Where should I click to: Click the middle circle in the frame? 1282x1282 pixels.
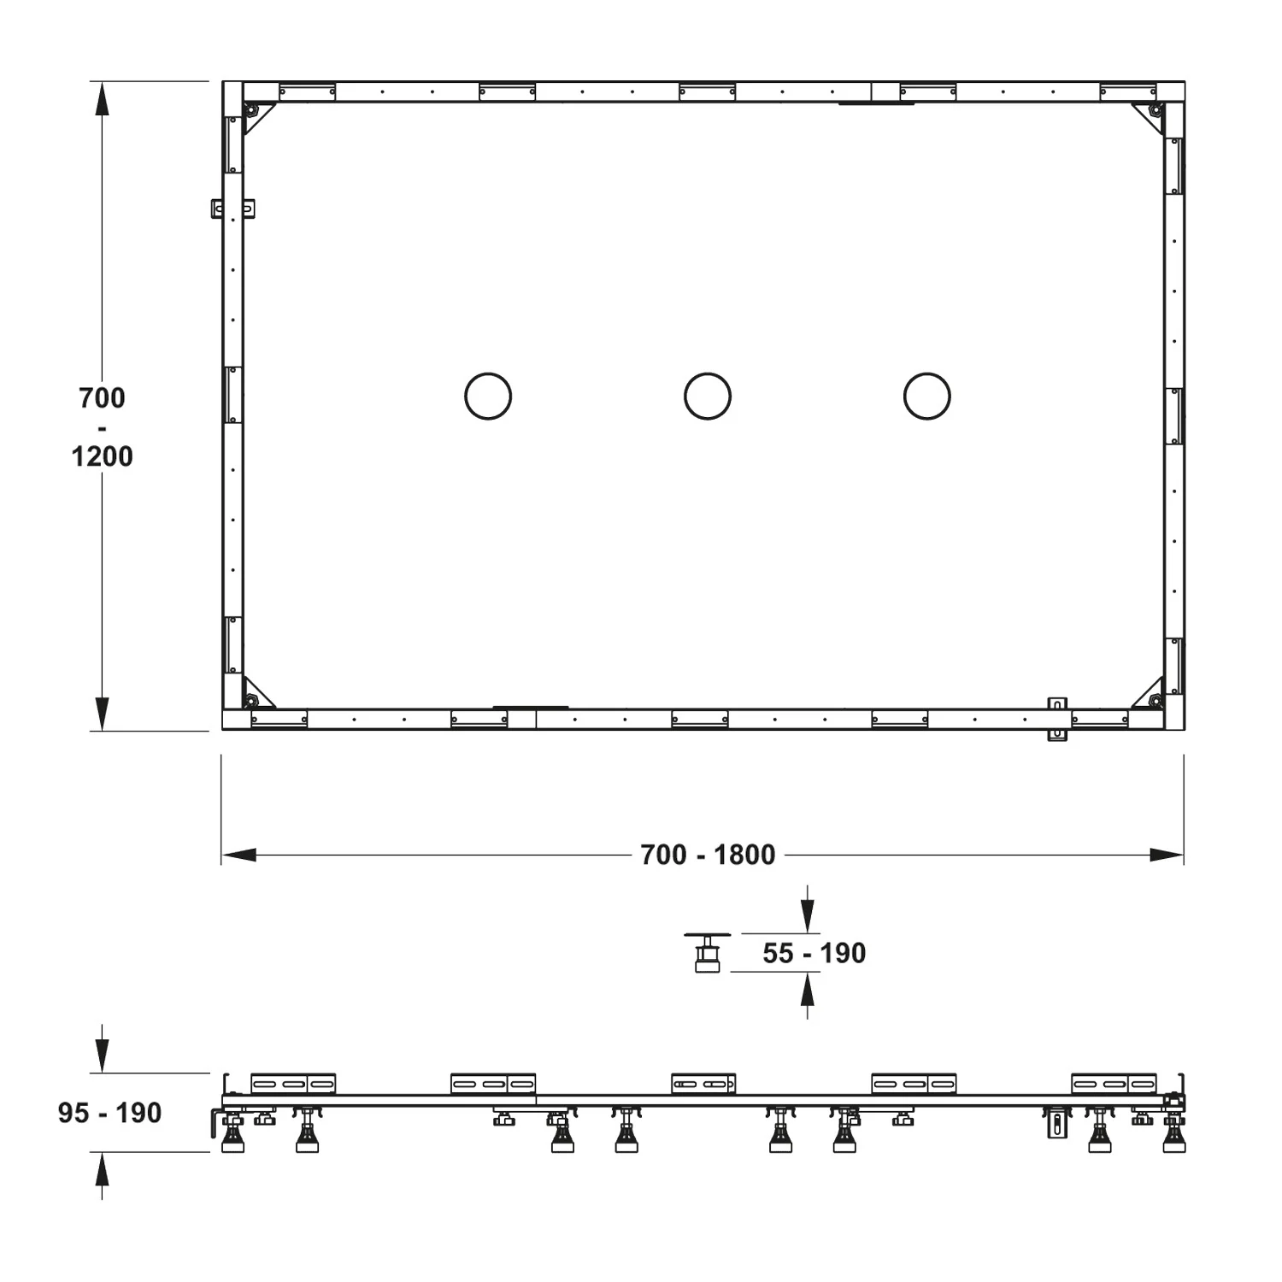(x=708, y=373)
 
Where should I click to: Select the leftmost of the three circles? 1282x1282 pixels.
(x=488, y=373)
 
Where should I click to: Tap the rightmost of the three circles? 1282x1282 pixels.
(x=927, y=373)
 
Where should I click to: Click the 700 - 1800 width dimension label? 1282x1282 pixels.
(x=708, y=855)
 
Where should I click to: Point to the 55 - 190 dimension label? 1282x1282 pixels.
(x=814, y=953)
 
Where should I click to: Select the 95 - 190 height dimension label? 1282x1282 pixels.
(x=110, y=1113)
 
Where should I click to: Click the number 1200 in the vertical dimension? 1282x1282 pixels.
(x=102, y=456)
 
